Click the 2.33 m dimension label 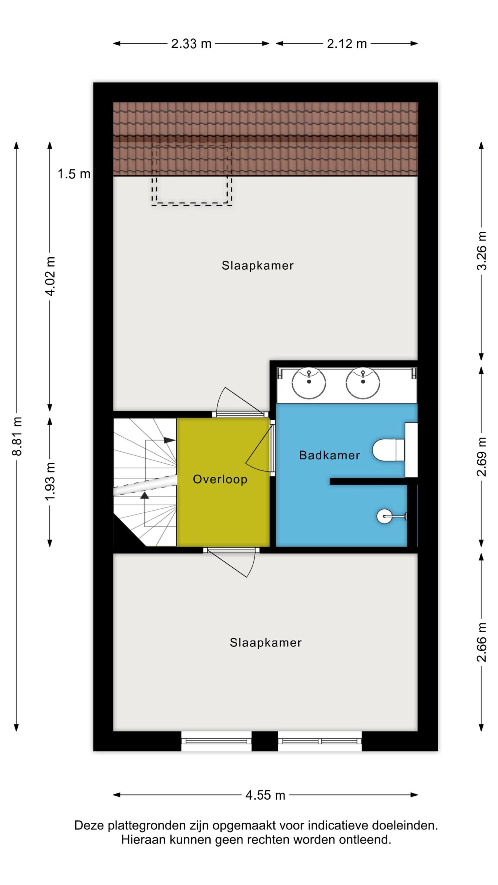(191, 44)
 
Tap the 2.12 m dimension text (347, 44)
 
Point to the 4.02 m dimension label (50, 276)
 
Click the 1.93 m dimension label (50, 481)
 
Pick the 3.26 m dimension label (481, 251)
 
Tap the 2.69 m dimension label (481, 457)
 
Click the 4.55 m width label (265, 795)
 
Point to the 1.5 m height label (74, 174)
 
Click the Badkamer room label (330, 455)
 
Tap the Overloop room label (220, 479)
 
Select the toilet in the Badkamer (389, 450)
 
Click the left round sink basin (309, 383)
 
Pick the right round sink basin (363, 383)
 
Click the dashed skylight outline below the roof (192, 205)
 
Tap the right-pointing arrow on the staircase (169, 440)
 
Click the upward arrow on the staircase (145, 495)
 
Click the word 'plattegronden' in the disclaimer (147, 826)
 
